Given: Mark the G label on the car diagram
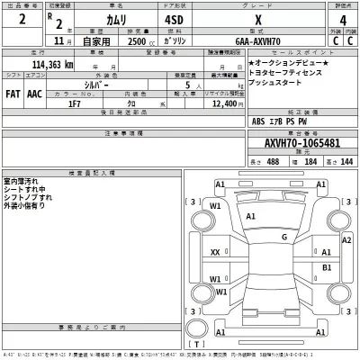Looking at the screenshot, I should pos(284,237).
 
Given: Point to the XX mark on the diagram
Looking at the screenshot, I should pos(215,253).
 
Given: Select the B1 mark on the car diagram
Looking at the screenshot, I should pos(328,268).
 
